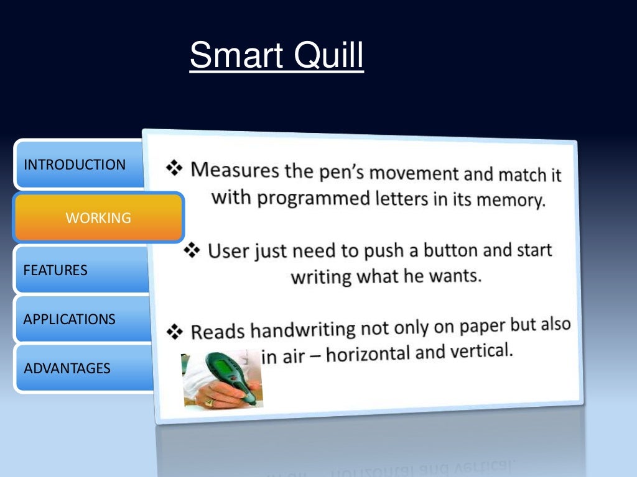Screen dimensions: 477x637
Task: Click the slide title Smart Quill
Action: [276, 56]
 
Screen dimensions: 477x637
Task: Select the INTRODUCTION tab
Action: [75, 165]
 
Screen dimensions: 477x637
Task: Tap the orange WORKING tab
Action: [98, 218]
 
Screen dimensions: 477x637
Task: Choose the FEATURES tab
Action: [55, 270]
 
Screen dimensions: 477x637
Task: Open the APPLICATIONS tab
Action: [70, 319]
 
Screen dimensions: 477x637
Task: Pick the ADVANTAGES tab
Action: [67, 368]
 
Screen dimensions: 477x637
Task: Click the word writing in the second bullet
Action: [321, 276]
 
